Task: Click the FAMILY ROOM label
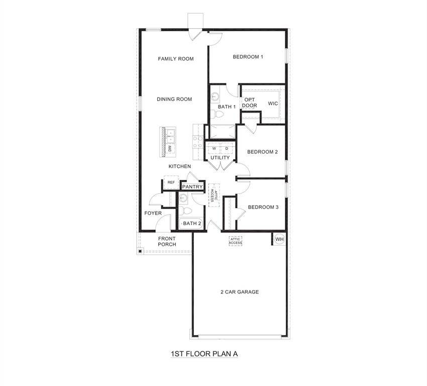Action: tap(175, 59)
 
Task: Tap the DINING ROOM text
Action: tap(174, 99)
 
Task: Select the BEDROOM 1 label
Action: tap(248, 57)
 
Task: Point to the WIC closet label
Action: tap(273, 104)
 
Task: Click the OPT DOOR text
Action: tap(250, 103)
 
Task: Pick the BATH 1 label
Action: tap(227, 107)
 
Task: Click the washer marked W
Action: tap(214, 149)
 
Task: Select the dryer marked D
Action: tap(227, 149)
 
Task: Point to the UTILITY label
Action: tap(220, 158)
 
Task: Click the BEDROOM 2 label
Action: tap(262, 152)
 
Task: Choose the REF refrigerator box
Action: tap(171, 182)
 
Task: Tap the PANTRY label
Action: tap(192, 187)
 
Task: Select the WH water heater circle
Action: tap(279, 239)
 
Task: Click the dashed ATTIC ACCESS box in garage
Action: tap(236, 241)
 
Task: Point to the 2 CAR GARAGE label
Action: tap(240, 292)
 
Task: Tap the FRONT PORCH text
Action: tap(167, 241)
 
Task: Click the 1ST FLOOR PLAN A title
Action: tap(204, 354)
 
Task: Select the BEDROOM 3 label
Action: tap(263, 207)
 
